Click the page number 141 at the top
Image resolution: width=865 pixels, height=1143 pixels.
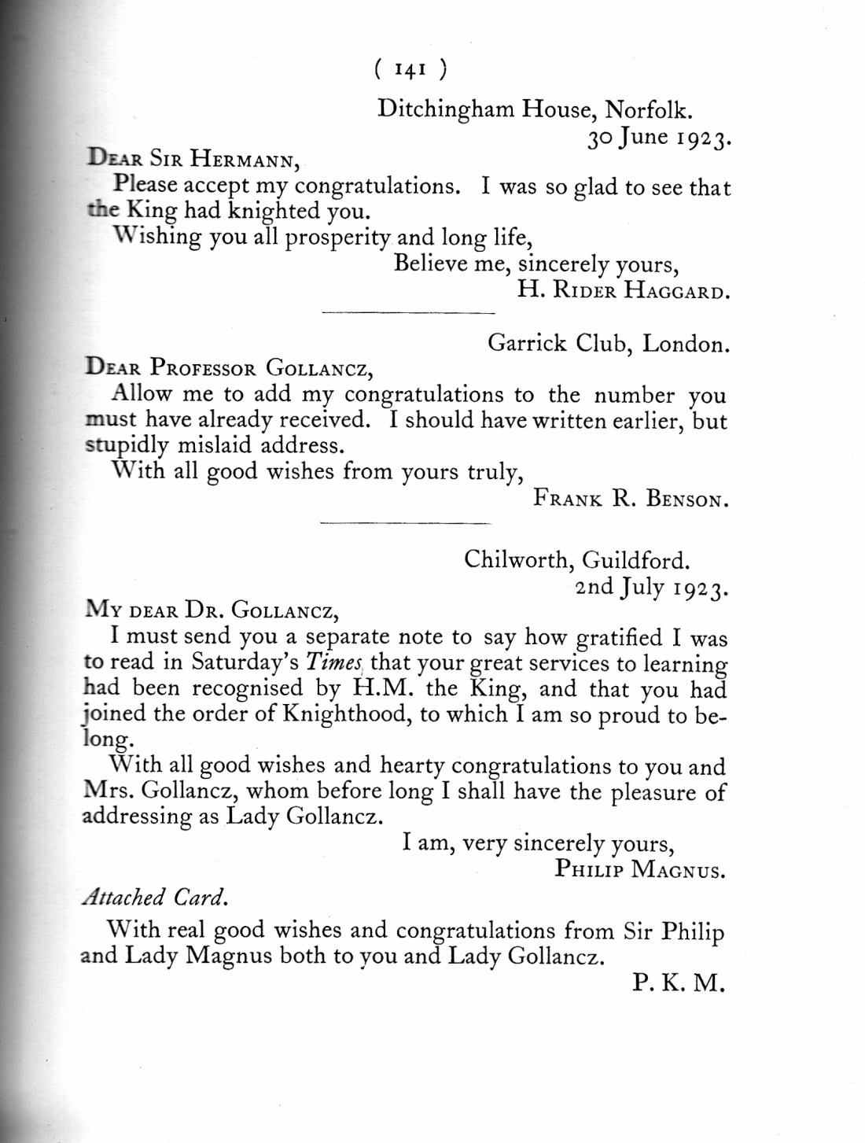coord(409,71)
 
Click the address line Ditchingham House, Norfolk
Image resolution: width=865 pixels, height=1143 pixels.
coord(535,109)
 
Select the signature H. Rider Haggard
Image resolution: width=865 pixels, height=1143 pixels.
coord(623,290)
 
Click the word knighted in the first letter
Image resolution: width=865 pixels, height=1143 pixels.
coord(271,212)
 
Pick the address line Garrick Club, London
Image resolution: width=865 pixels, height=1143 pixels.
coord(607,344)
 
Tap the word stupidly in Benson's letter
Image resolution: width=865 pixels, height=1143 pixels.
coord(127,445)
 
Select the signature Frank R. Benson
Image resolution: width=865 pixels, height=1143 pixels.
coord(630,499)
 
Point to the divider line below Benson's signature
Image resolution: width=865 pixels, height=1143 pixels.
coord(406,522)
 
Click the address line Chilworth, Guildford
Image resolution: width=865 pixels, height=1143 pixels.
coord(577,560)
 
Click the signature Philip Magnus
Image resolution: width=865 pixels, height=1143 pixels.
coord(639,869)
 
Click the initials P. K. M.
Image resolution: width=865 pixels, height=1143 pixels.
coord(676,983)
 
